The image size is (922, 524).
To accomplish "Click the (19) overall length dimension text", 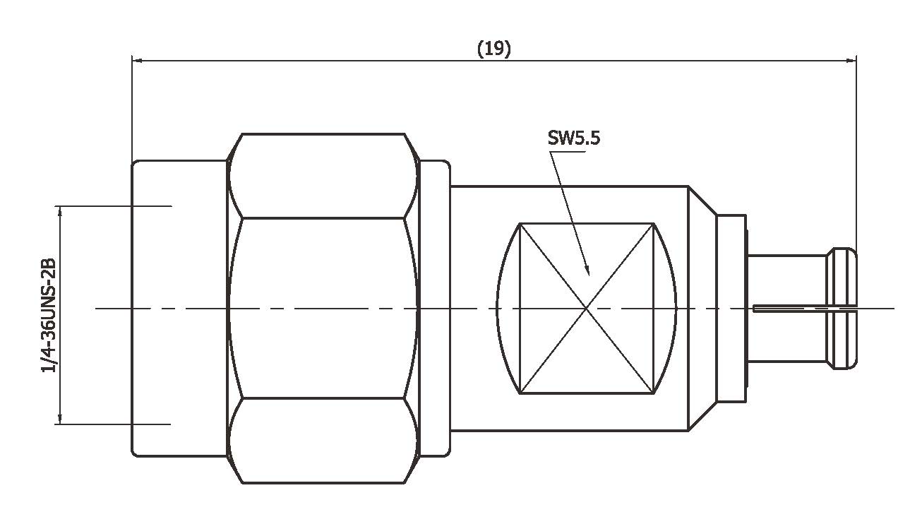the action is (493, 49).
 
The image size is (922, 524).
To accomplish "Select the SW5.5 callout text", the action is (574, 138).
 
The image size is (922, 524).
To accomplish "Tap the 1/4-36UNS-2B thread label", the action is (48, 315).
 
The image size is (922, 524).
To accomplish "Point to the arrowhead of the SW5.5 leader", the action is (587, 270).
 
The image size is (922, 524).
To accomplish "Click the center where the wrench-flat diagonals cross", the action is (587, 309).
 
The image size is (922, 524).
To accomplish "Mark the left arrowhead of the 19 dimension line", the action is (137, 61).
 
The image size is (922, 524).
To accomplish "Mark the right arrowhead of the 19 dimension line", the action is (851, 61).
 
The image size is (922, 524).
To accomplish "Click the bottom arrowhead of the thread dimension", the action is (60, 419).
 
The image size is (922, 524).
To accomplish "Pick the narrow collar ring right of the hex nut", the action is (435, 309).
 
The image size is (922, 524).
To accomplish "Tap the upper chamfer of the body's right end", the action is (703, 201).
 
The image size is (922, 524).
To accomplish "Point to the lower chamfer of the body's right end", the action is (703, 417).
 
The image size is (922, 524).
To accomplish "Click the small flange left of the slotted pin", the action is (732, 309).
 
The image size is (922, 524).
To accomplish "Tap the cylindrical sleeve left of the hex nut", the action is (179, 309).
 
